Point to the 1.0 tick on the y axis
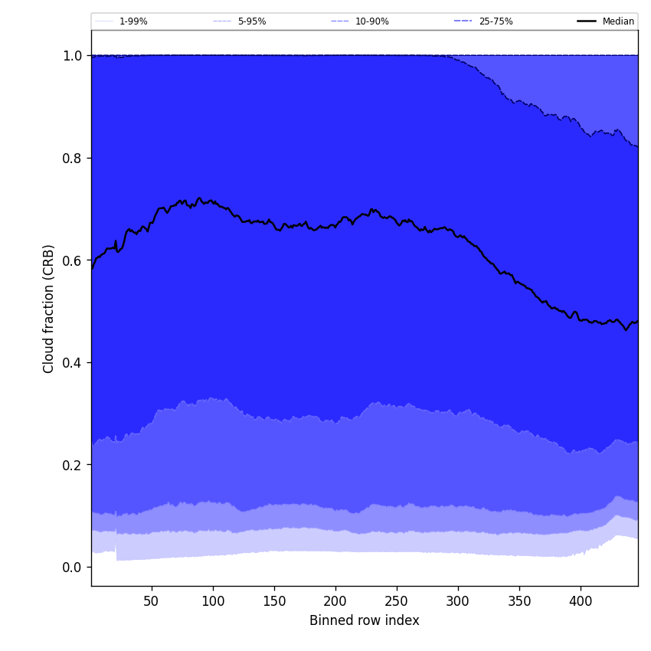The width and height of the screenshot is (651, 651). pyautogui.click(x=72, y=56)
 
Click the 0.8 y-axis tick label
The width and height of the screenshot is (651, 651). pyautogui.click(x=72, y=158)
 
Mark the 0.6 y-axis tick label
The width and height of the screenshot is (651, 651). pyautogui.click(x=72, y=260)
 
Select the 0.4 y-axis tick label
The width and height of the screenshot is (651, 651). pyautogui.click(x=72, y=362)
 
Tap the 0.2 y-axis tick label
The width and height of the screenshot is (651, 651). pyautogui.click(x=72, y=465)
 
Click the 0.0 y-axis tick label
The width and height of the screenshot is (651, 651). pyautogui.click(x=72, y=567)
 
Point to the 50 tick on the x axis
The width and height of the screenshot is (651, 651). pyautogui.click(x=152, y=601)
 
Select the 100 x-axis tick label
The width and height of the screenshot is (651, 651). pyautogui.click(x=213, y=601)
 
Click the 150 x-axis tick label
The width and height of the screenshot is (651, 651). pyautogui.click(x=274, y=601)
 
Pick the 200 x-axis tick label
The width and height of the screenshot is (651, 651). pyautogui.click(x=335, y=601)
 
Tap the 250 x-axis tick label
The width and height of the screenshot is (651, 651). pyautogui.click(x=397, y=601)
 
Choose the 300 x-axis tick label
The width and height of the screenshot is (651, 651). pyautogui.click(x=458, y=601)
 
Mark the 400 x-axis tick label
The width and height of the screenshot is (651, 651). pyautogui.click(x=581, y=601)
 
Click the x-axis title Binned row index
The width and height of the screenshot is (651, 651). pyautogui.click(x=365, y=621)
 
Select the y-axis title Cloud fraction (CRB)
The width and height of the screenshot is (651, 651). pyautogui.click(x=49, y=309)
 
